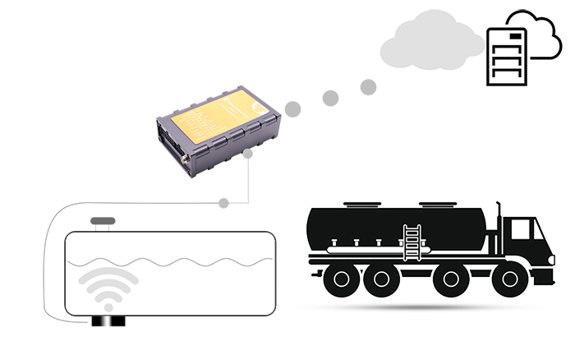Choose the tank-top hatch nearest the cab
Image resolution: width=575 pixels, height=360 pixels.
click(435, 204)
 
